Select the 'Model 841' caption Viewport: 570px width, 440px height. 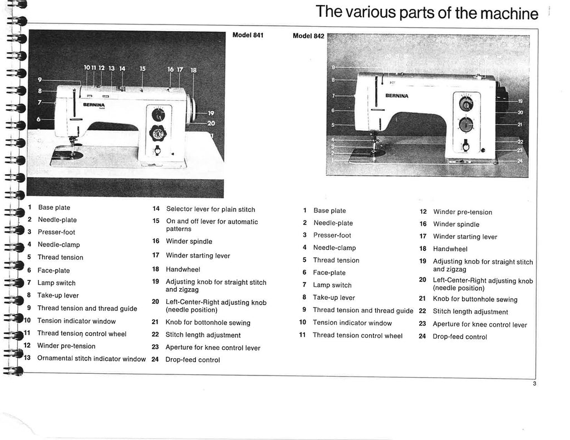click(x=247, y=36)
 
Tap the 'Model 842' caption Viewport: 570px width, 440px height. click(x=308, y=36)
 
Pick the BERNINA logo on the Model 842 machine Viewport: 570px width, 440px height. click(x=396, y=96)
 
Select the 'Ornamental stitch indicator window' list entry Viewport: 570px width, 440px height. click(x=91, y=358)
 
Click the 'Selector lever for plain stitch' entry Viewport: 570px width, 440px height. click(x=210, y=209)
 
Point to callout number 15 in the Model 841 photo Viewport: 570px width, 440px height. click(x=142, y=69)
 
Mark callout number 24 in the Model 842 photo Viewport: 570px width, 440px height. click(x=519, y=161)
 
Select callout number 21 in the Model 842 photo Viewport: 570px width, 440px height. click(x=519, y=125)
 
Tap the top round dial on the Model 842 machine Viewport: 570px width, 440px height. click(x=465, y=104)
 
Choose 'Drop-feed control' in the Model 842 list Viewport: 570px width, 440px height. click(x=460, y=337)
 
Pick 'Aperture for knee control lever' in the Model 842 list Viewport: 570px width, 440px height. click(x=480, y=325)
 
